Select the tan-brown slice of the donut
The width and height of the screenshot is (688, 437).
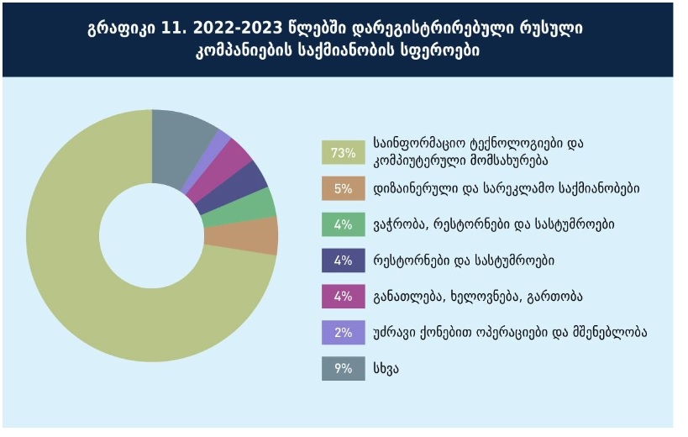point(262,235)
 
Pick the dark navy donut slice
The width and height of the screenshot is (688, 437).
point(248,179)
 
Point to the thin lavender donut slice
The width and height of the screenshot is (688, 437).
point(221,140)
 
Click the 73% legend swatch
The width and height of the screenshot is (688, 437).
point(343,152)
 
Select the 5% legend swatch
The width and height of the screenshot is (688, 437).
point(343,188)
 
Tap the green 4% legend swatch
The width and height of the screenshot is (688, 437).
point(343,224)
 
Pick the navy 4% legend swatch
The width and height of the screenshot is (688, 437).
point(343,261)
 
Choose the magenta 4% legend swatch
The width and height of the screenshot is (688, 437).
point(343,297)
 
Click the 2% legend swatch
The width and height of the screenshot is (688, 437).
point(343,333)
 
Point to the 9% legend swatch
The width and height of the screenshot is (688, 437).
point(343,368)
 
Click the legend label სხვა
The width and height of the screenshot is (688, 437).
point(388,368)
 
